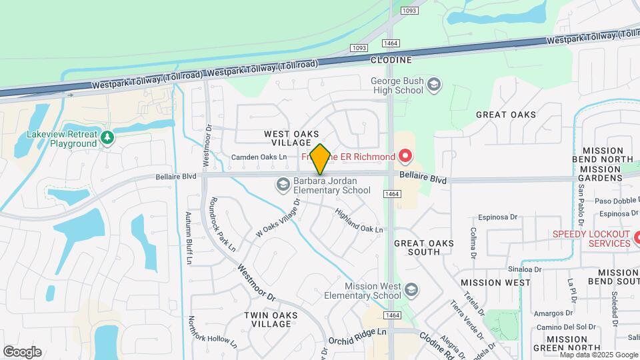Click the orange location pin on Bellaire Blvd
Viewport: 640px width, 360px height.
click(320, 159)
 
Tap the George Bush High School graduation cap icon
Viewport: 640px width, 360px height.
click(434, 85)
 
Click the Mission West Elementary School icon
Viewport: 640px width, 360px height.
click(411, 289)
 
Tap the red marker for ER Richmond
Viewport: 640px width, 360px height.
click(404, 157)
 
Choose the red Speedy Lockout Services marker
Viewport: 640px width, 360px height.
click(636, 237)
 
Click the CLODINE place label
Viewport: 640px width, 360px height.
click(391, 60)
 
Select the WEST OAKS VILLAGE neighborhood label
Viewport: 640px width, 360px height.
click(291, 138)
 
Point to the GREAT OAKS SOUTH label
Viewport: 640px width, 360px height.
click(426, 247)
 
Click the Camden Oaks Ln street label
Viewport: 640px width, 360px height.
click(259, 157)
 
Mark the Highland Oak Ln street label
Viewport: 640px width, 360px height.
click(359, 220)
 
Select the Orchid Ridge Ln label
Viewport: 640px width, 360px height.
click(357, 331)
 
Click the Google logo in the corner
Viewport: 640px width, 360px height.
click(22, 352)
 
